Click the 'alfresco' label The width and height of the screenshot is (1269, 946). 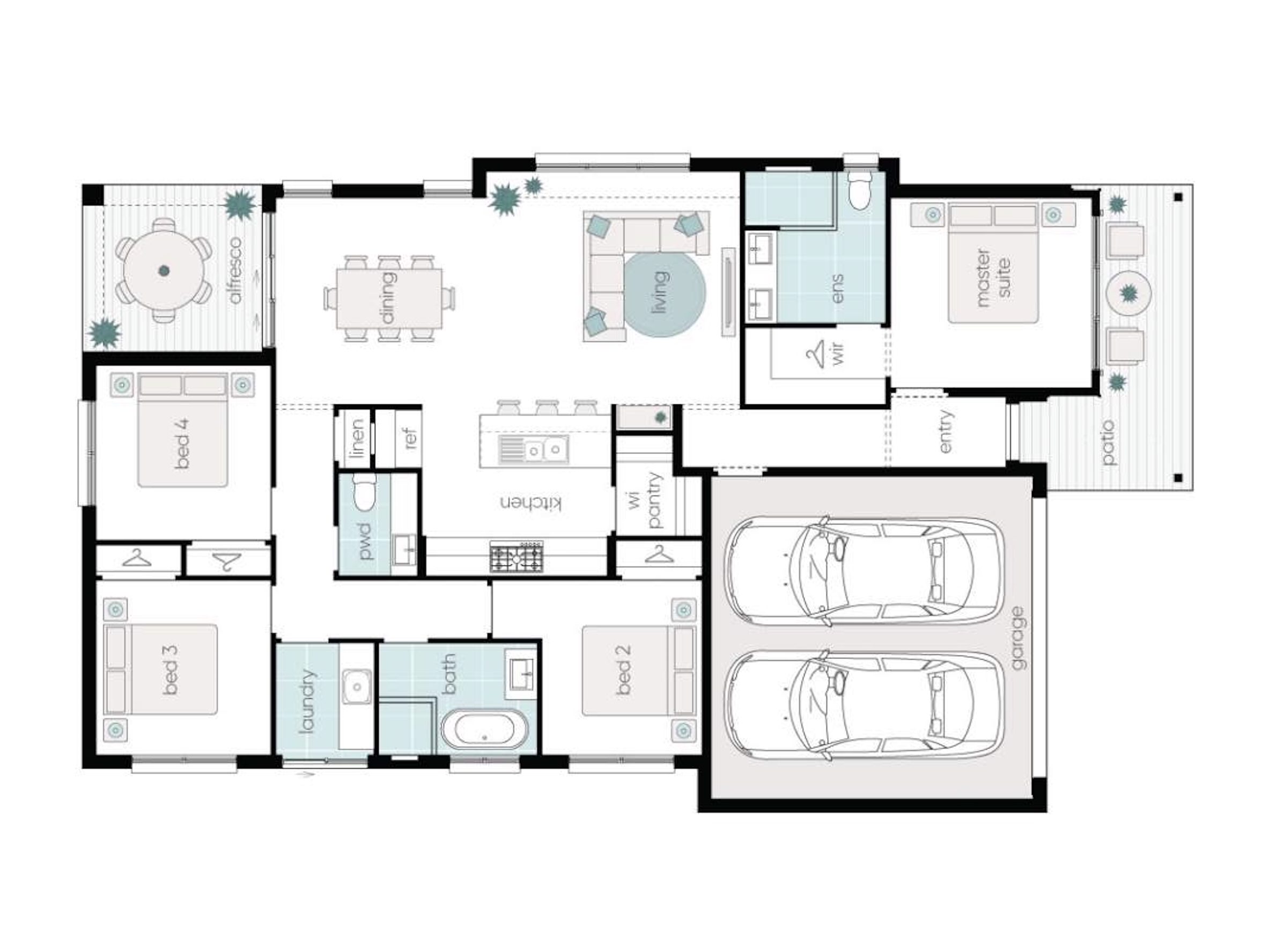(x=235, y=270)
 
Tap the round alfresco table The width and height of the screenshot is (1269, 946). (x=164, y=270)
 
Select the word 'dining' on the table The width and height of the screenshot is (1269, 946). (x=388, y=298)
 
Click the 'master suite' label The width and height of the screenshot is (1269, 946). (x=993, y=278)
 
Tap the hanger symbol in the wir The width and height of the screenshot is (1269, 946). (x=814, y=353)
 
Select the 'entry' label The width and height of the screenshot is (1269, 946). (x=946, y=431)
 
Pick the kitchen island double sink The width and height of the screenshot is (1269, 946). (x=533, y=449)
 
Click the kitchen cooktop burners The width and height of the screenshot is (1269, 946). (x=517, y=556)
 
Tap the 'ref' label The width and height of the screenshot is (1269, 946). (x=411, y=438)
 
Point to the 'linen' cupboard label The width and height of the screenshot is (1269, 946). (x=357, y=438)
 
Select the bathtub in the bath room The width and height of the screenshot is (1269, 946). (x=484, y=729)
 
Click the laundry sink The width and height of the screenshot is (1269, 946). (x=357, y=686)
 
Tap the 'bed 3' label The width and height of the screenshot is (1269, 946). (x=170, y=670)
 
